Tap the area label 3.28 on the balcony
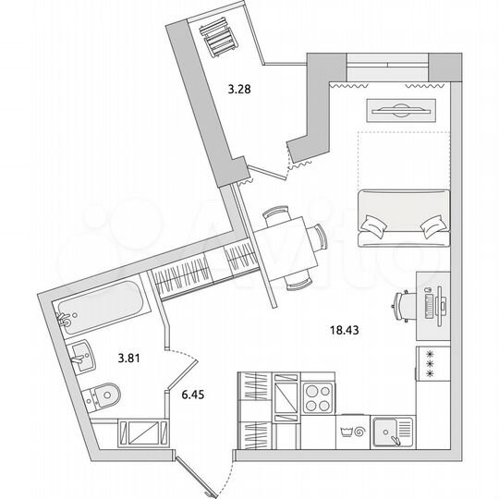coord(240,90)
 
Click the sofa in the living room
coord(401,216)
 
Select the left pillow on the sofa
coord(374,225)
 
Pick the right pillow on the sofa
coord(430,225)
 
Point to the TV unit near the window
coord(400,108)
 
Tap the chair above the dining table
coord(275,214)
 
